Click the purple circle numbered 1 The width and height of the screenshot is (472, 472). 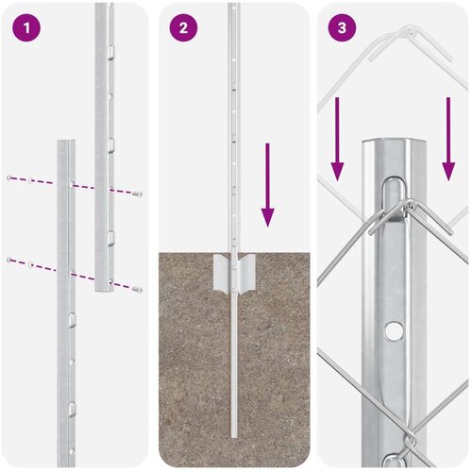point(26,27)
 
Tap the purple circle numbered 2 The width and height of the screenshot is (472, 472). point(183,27)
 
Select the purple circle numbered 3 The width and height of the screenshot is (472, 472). point(342,27)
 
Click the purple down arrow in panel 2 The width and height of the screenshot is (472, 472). point(267,185)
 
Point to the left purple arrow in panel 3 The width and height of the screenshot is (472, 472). point(337,139)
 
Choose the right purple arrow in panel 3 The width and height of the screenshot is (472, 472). point(448,139)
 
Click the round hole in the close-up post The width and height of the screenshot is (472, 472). point(395,330)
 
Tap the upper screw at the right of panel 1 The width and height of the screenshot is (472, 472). point(138,194)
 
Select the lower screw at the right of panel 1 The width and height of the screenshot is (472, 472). point(137,290)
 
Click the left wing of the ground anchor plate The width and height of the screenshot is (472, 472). point(222,273)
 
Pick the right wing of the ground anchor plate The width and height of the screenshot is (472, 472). point(246,273)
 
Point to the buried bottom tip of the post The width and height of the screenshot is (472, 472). point(234,436)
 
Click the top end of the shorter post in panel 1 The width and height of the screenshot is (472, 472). point(66,142)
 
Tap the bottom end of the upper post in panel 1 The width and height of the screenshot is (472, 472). point(104,289)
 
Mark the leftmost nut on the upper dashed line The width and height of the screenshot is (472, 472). point(9,177)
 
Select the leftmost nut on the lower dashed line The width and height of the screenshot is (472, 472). point(9,260)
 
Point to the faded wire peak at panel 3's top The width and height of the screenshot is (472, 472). point(410,30)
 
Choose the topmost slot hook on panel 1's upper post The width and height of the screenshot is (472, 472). point(110,52)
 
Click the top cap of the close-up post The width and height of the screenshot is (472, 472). point(394,143)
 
